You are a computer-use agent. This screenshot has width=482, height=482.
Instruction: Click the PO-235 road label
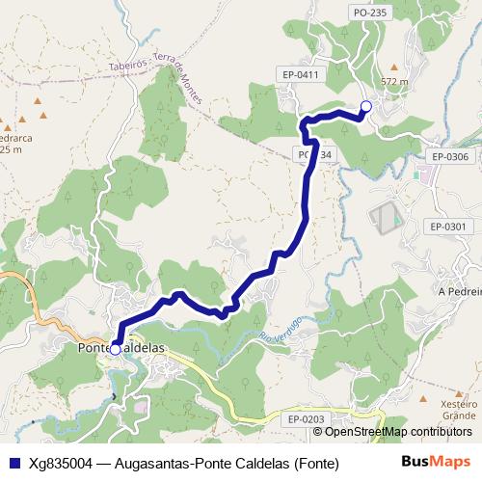click(x=370, y=13)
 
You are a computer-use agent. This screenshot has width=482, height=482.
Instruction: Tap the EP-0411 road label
click(x=303, y=73)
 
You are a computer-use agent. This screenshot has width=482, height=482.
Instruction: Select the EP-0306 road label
click(x=449, y=156)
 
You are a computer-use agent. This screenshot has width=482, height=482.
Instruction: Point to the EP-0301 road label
click(x=448, y=227)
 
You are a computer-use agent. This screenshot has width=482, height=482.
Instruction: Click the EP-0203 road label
click(x=307, y=419)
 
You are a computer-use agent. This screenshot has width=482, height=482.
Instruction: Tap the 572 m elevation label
click(x=395, y=82)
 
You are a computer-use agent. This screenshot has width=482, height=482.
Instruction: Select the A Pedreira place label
click(x=459, y=290)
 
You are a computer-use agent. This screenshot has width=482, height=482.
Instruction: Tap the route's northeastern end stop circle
click(x=365, y=108)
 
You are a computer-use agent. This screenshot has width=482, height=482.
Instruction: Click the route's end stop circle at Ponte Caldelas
click(x=115, y=350)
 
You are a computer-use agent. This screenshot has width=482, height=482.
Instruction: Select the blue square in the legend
click(x=13, y=462)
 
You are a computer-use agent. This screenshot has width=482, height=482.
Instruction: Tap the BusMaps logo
click(x=436, y=462)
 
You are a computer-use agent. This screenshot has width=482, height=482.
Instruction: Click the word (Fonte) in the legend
click(x=316, y=463)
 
